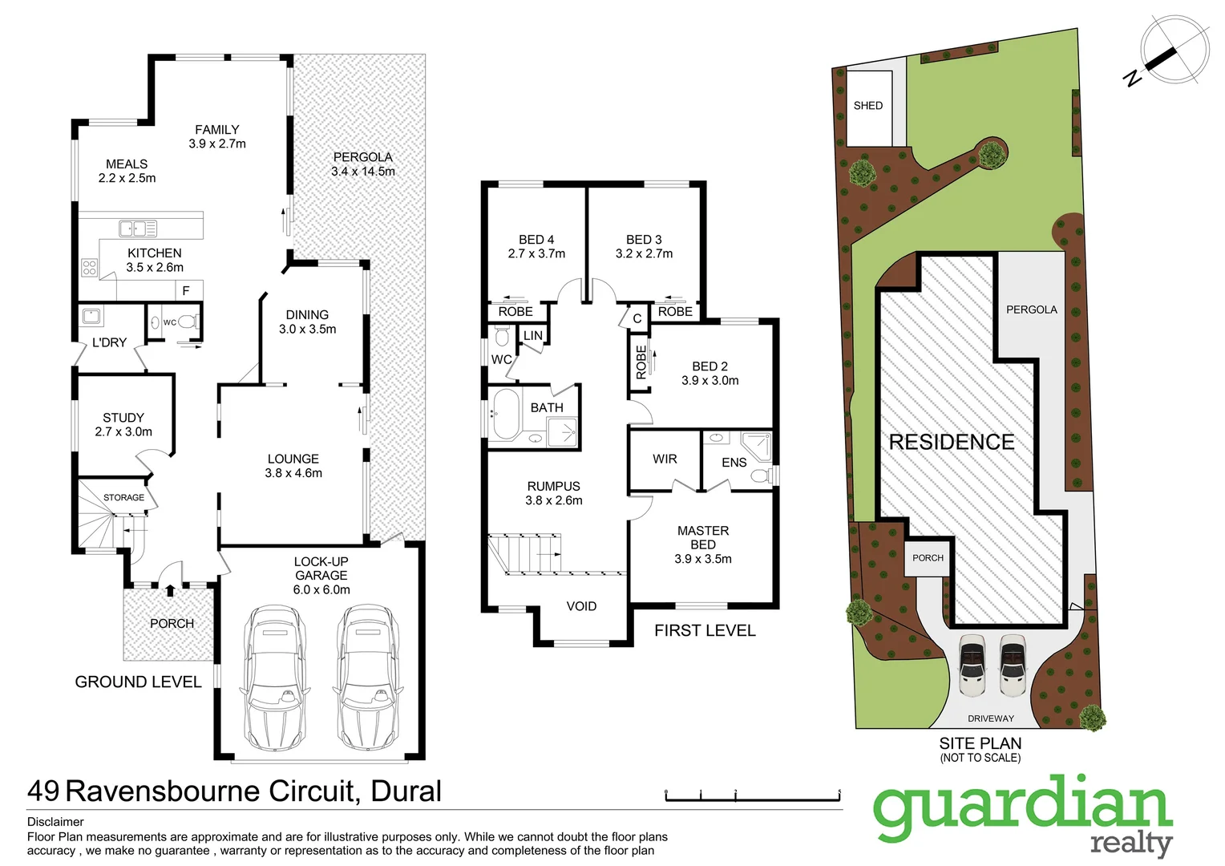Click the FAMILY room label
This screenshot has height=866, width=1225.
coord(216,130)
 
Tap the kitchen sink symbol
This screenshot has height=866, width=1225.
coord(138,229)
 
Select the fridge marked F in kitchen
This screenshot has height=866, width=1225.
coord(186,290)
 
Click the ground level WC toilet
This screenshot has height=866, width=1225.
coord(185,322)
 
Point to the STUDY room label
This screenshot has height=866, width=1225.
coord(123,418)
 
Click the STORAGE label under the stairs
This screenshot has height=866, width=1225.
coord(123,498)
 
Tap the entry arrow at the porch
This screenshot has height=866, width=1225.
coord(170,592)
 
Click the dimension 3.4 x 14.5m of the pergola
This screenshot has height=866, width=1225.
coord(363,172)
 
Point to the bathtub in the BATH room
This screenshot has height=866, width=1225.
coord(506,414)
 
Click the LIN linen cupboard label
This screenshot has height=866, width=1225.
coord(533,336)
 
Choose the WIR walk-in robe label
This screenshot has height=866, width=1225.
coord(665,459)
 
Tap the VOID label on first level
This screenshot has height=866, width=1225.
coord(581,606)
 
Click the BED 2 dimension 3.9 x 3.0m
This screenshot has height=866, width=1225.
coord(710,381)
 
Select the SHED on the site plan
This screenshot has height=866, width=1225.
coord(869,107)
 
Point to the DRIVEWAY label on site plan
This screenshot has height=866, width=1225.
coord(990,718)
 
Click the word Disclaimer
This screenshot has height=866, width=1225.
coord(55,822)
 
